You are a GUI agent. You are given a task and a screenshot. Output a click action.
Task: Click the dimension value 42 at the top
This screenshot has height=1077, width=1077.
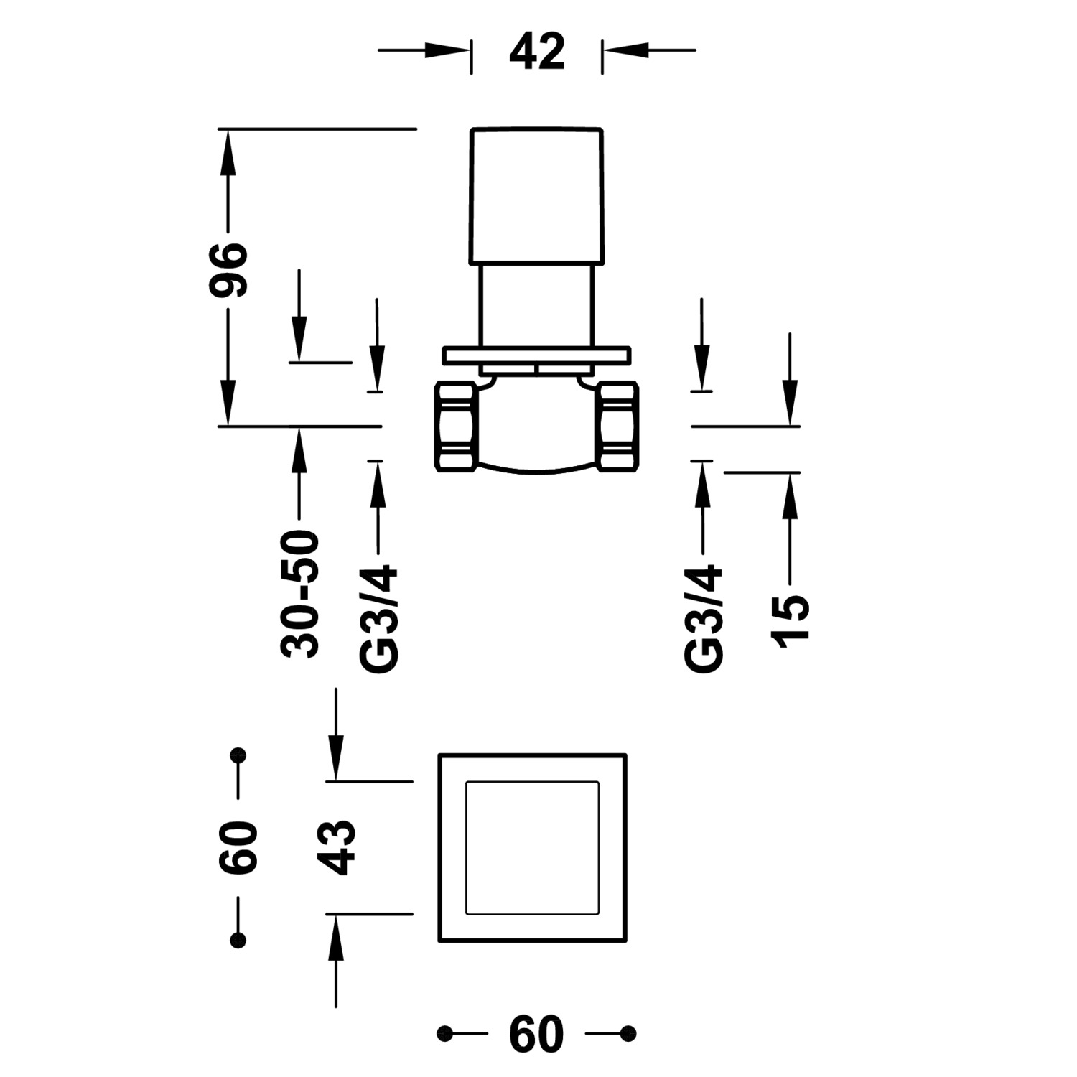tap(537, 52)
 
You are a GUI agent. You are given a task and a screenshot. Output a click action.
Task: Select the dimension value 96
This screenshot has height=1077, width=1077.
tap(228, 269)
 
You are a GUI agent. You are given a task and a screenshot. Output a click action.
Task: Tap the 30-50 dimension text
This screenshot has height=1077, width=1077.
tap(299, 594)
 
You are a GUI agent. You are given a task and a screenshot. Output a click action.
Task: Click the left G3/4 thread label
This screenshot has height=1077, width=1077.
tap(378, 619)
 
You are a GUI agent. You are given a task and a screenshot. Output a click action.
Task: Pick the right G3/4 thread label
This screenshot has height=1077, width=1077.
tap(704, 619)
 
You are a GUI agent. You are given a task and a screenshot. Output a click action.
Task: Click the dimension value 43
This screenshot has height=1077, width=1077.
tap(337, 847)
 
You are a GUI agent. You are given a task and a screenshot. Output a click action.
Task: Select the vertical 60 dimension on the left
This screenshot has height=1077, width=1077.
tap(238, 847)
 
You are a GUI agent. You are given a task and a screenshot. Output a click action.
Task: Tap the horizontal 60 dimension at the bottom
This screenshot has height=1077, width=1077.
tap(536, 1035)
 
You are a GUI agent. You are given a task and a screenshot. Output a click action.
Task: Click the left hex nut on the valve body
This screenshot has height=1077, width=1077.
tap(455, 427)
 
